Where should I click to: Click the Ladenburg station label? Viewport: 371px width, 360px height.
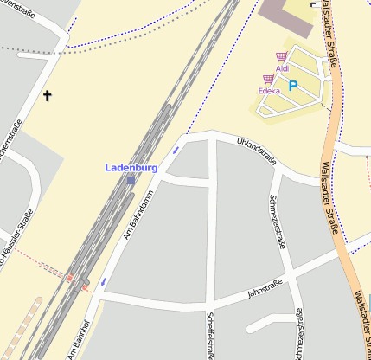click(x=131, y=167)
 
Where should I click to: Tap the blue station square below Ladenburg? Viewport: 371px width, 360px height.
click(x=131, y=179)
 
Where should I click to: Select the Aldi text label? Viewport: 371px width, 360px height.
click(x=282, y=68)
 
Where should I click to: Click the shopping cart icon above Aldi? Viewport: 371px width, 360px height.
click(x=281, y=57)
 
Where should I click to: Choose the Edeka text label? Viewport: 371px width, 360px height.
click(x=269, y=90)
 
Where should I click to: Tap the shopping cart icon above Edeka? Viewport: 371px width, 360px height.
click(x=268, y=79)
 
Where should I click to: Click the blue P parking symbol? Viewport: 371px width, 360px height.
click(x=292, y=86)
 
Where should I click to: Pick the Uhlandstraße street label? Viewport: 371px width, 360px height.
click(x=258, y=151)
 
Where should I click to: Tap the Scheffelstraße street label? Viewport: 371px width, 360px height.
click(x=211, y=334)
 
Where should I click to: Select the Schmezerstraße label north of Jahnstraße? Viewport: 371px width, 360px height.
click(x=278, y=221)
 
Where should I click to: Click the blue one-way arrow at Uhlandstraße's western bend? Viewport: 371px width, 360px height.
click(x=176, y=151)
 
